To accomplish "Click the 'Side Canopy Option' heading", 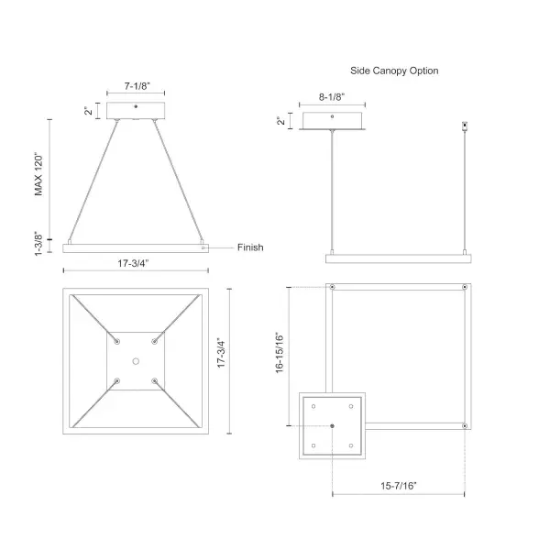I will coord(394,70).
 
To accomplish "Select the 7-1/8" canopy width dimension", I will coord(136,86).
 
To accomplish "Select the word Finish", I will coord(250,247).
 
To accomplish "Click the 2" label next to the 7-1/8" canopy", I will coord(89,111).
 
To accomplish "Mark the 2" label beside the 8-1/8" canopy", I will coord(281,120).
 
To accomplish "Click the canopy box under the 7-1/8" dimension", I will coord(136,111).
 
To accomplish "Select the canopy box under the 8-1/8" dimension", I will coord(333,120).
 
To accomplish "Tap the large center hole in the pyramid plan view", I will coord(136,361).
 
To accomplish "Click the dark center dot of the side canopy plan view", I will coord(332,426).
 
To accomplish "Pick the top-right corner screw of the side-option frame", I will coord(467,288).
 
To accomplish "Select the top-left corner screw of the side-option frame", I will coord(332,288).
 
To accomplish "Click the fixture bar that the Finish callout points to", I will coord(136,247).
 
